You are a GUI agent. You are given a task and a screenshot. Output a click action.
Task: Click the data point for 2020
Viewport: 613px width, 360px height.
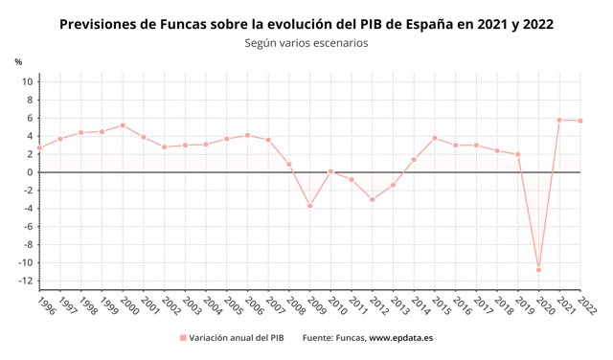pyautogui.click(x=538, y=270)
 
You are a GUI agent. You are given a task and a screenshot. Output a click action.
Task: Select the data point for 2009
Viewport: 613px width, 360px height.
pyautogui.click(x=309, y=206)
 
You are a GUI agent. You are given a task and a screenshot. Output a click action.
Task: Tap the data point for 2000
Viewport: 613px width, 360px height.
pyautogui.click(x=123, y=125)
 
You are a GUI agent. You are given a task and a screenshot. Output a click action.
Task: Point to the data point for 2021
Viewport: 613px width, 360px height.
pyautogui.click(x=559, y=120)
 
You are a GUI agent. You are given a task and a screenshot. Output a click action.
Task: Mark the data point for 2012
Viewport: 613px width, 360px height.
pyautogui.click(x=372, y=199)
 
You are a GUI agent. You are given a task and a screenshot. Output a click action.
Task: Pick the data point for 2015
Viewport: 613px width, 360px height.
pyautogui.click(x=434, y=138)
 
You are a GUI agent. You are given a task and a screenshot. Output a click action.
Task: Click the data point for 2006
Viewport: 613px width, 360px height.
pyautogui.click(x=247, y=135)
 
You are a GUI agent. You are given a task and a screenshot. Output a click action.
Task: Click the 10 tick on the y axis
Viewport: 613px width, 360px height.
pyautogui.click(x=29, y=81)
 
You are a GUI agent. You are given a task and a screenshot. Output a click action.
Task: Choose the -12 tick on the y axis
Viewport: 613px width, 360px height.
pyautogui.click(x=27, y=281)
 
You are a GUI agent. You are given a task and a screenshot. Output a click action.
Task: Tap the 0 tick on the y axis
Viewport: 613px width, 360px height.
pyautogui.click(x=31, y=172)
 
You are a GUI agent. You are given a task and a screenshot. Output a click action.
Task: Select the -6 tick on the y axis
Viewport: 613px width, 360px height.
pyautogui.click(x=29, y=227)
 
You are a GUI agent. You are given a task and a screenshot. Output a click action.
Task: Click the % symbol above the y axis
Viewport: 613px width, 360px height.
pyautogui.click(x=18, y=62)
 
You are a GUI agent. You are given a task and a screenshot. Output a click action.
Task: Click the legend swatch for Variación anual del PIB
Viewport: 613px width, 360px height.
pyautogui.click(x=182, y=338)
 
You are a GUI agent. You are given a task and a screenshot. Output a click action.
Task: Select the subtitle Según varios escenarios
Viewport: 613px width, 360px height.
pyautogui.click(x=306, y=43)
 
